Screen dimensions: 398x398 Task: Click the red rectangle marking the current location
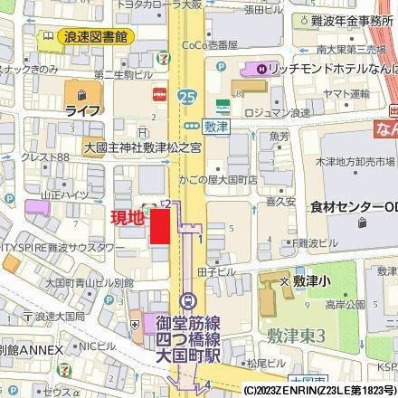pyautogui.click(x=160, y=224)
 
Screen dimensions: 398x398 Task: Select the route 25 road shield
pyautogui.click(x=187, y=94)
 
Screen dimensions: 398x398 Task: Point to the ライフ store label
pyautogui.click(x=81, y=109)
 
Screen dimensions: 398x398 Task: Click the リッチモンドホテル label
pyautogui.click(x=317, y=70)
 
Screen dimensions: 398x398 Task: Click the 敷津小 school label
pyautogui.click(x=316, y=283)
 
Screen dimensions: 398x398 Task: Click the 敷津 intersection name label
pyautogui.click(x=215, y=128)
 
